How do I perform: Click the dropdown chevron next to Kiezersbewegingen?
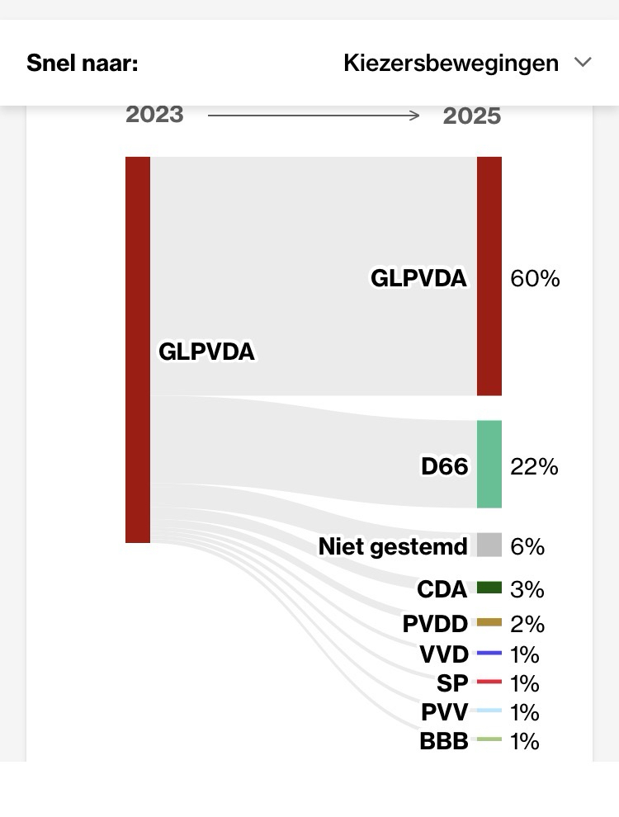583,63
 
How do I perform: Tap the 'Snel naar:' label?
82,64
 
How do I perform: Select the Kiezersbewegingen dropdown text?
451,64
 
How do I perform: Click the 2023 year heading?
154,114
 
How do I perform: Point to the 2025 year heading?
472,116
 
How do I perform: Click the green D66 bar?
489,464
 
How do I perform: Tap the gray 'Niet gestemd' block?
489,545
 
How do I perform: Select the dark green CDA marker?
489,588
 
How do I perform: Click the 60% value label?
535,279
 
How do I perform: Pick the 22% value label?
534,467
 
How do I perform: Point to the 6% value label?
527,546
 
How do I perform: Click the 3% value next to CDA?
527,589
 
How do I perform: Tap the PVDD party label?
435,624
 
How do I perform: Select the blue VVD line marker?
489,654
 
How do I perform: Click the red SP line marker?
489,682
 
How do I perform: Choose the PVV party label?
445,711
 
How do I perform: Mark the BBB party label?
444,741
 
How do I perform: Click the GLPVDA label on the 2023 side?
207,352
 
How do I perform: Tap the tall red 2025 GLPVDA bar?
489,276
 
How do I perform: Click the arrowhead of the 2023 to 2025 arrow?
415,116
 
